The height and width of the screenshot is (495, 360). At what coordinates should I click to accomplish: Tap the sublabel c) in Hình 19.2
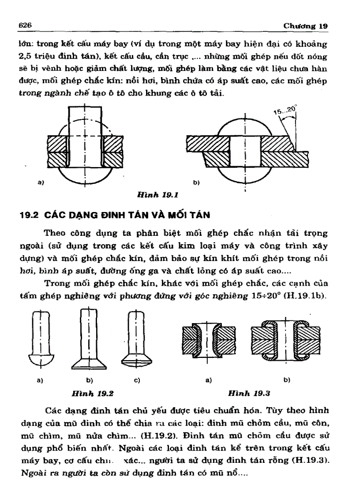(x=137, y=379)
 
